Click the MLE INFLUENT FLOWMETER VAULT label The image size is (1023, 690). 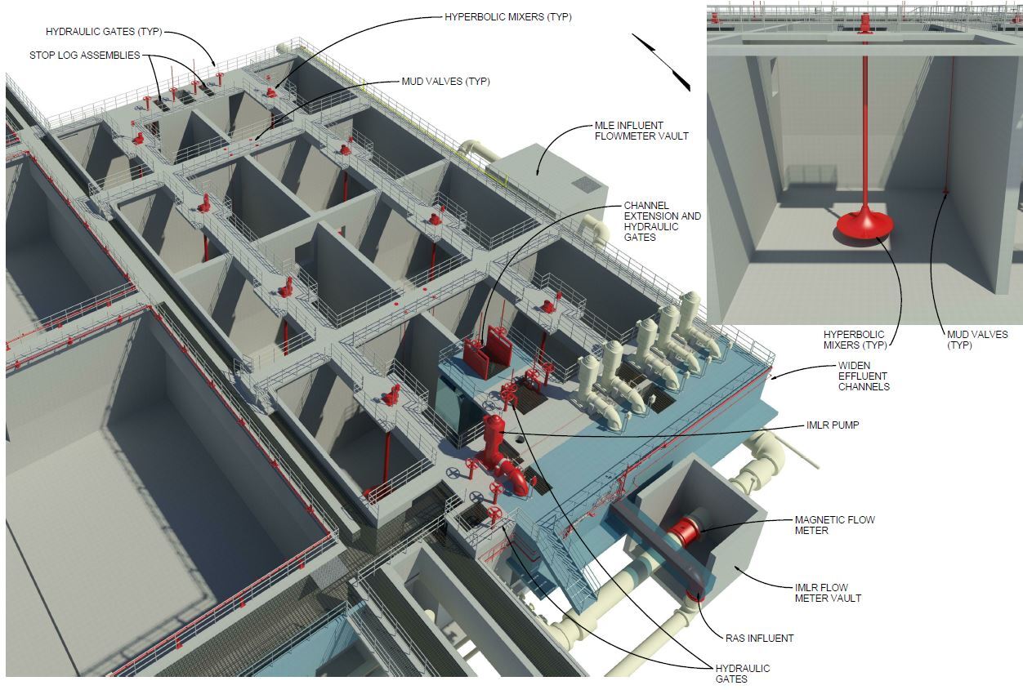click(x=641, y=131)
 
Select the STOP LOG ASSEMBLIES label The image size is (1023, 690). click(x=84, y=56)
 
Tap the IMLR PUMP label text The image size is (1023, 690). click(x=832, y=425)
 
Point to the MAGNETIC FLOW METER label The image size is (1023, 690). click(x=834, y=525)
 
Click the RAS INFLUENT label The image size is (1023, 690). click(x=759, y=638)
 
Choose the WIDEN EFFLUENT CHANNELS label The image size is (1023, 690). click(x=864, y=376)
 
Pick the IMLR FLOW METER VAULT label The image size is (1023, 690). click(x=828, y=593)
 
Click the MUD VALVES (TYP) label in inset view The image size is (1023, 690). click(x=977, y=340)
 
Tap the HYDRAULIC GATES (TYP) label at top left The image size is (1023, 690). click(x=104, y=32)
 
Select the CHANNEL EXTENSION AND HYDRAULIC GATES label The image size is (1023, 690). click(x=662, y=220)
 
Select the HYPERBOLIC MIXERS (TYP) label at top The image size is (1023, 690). click(x=507, y=17)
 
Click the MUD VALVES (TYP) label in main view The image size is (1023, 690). click(x=445, y=82)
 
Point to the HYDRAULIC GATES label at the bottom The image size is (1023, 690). click(x=742, y=674)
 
